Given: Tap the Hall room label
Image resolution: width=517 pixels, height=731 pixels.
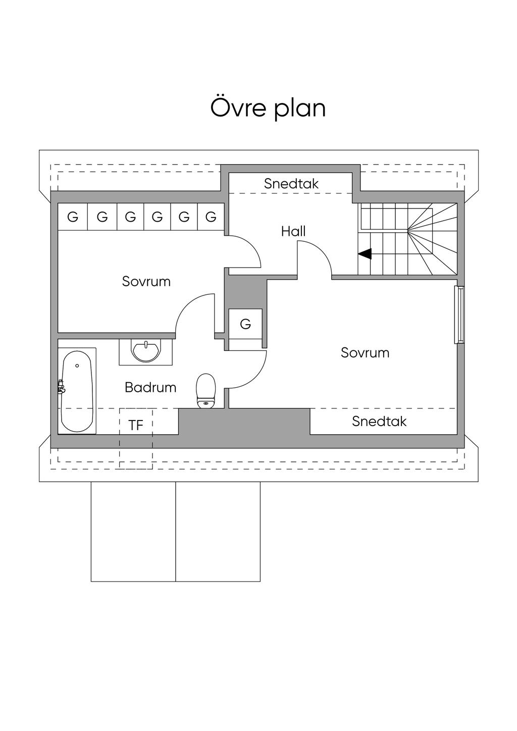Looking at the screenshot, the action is pyautogui.click(x=293, y=231).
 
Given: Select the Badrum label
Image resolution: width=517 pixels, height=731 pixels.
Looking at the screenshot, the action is pyautogui.click(x=150, y=387).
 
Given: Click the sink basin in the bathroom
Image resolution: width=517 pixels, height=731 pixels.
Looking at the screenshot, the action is pyautogui.click(x=146, y=351).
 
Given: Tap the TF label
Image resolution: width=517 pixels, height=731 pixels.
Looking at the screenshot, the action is pyautogui.click(x=136, y=425).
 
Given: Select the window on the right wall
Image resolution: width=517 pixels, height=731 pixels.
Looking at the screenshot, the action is pyautogui.click(x=459, y=315).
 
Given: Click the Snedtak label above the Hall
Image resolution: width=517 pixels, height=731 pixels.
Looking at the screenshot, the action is pyautogui.click(x=291, y=184).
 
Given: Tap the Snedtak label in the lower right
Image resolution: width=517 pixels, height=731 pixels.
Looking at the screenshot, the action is pyautogui.click(x=379, y=422).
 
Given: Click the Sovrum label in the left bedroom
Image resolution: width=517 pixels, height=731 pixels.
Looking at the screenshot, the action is pyautogui.click(x=146, y=281).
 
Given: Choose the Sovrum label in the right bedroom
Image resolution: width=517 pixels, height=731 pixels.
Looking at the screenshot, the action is pyautogui.click(x=365, y=352).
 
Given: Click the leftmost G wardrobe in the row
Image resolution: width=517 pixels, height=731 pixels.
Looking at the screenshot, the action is pyautogui.click(x=73, y=217).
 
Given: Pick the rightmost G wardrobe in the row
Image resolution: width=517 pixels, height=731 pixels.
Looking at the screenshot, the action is pyautogui.click(x=211, y=217).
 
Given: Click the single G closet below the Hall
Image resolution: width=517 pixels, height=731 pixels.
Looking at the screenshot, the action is pyautogui.click(x=245, y=324).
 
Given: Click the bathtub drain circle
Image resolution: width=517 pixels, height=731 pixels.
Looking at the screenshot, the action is pyautogui.click(x=77, y=365).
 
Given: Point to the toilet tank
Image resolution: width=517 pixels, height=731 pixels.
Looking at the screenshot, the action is pyautogui.click(x=205, y=403).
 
